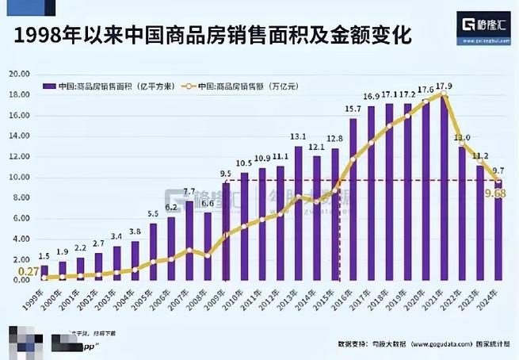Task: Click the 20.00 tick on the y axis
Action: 17,74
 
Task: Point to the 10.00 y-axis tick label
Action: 17,177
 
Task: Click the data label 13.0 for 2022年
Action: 462,137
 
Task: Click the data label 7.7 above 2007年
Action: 189,192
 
